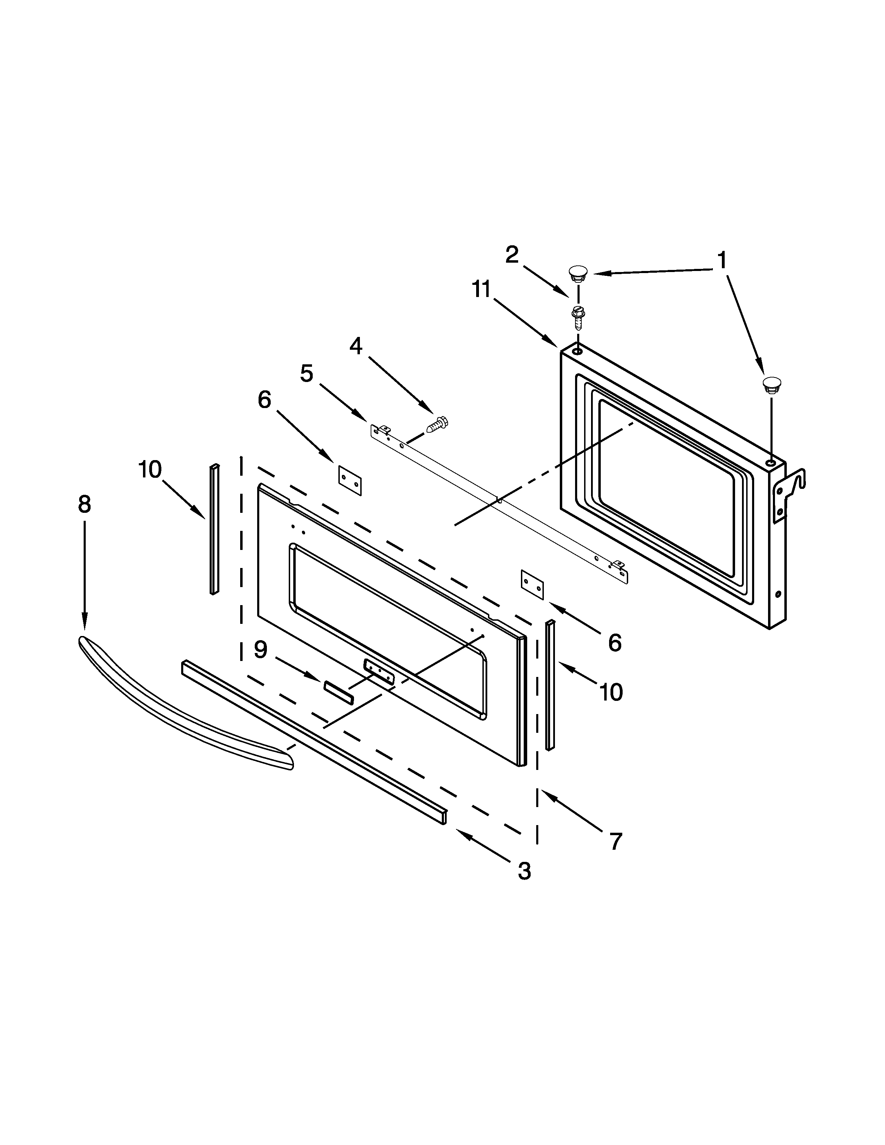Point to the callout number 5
[x=307, y=373]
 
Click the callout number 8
[x=84, y=504]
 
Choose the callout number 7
[x=616, y=841]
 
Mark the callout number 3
[x=524, y=871]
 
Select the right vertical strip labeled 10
[x=550, y=685]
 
